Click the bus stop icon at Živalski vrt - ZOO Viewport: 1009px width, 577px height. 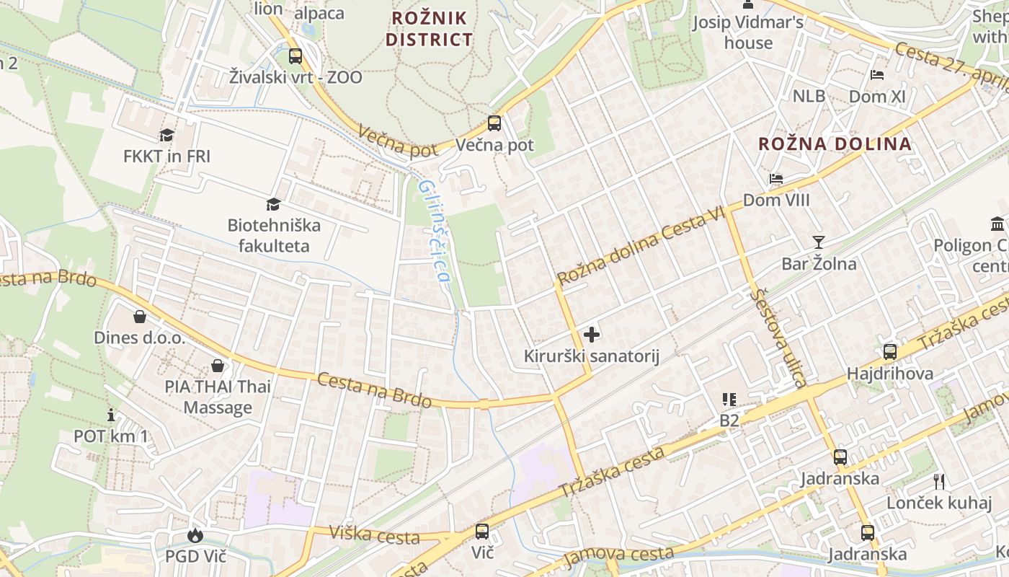295,56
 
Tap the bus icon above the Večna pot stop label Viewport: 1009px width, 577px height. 494,123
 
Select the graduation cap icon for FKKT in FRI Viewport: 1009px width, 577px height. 167,135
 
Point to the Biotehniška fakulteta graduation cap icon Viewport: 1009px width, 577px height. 273,205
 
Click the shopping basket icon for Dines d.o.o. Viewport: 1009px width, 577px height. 140,317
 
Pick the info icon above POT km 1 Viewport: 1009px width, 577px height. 111,415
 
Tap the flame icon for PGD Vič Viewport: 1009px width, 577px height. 195,535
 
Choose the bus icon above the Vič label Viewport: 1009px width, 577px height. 481,532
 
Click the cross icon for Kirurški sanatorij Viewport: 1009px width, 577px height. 591,335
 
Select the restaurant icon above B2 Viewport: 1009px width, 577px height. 729,399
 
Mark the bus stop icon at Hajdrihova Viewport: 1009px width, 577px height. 890,352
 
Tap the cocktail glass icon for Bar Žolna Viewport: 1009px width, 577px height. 819,242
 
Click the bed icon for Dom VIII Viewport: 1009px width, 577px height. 775,179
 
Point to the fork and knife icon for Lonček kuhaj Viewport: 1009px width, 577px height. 938,481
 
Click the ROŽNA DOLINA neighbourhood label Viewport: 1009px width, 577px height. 835,144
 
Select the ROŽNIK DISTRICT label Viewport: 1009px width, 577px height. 430,28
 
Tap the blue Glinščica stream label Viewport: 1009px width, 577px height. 435,231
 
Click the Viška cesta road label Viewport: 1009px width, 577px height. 374,534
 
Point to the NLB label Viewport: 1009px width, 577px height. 809,96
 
